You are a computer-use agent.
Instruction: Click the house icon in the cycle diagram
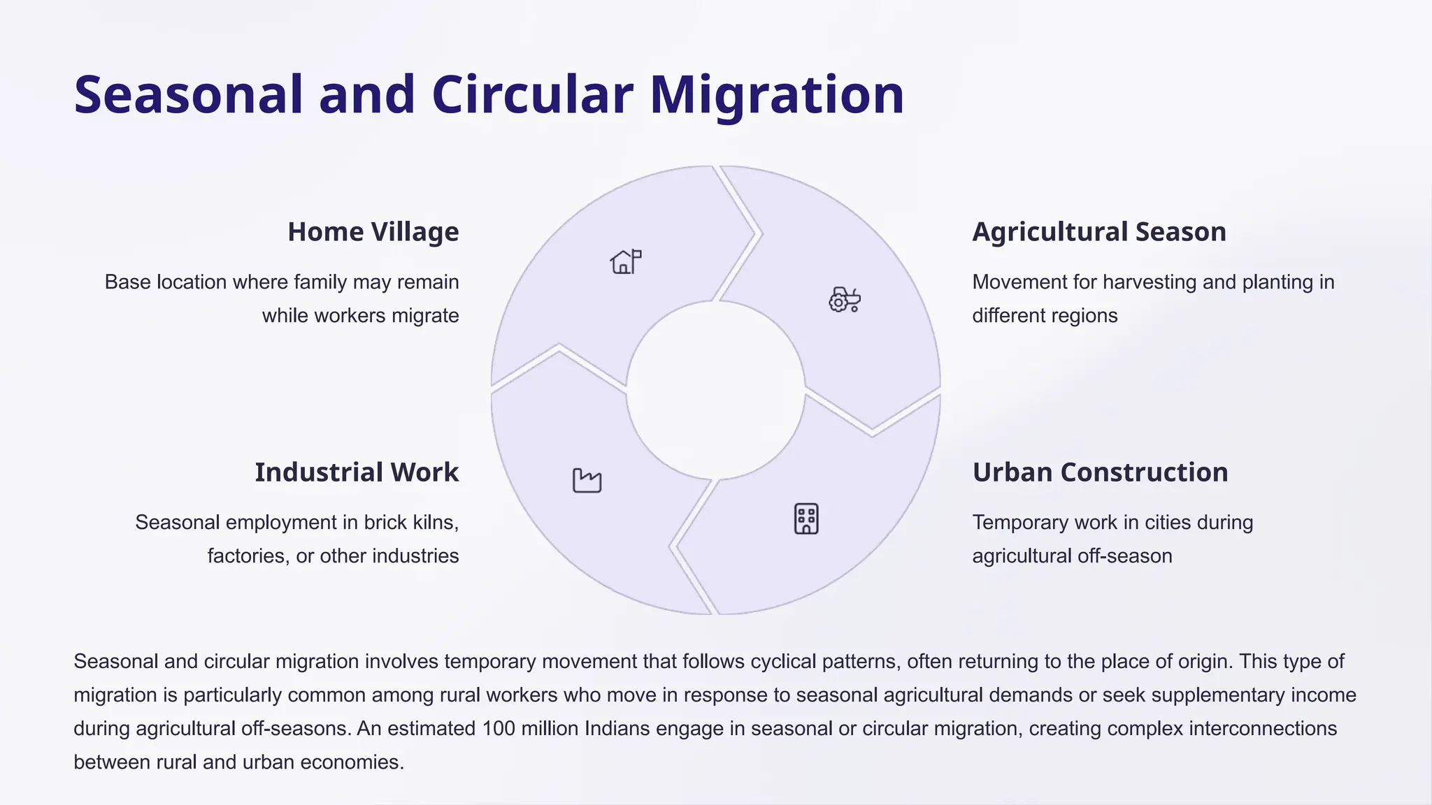tap(625, 262)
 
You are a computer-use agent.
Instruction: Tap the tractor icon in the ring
tap(844, 299)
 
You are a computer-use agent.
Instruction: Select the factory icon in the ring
tap(587, 480)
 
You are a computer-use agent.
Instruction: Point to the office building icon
tap(806, 518)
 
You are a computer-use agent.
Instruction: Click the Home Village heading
tap(373, 232)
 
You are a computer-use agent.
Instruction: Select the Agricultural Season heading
tap(1098, 232)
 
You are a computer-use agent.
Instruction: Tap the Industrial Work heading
tap(357, 472)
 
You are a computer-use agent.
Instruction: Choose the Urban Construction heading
tap(1100, 472)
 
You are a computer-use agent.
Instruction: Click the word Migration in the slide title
tap(777, 95)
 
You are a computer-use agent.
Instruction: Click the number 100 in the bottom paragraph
tap(499, 728)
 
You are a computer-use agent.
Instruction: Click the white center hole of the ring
tap(715, 390)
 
